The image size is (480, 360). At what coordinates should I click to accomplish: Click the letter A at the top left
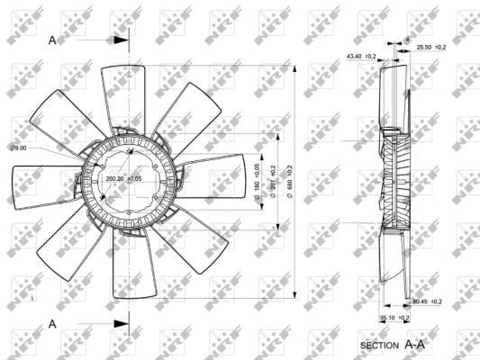point(52,40)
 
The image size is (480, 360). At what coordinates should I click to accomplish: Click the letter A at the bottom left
point(52,323)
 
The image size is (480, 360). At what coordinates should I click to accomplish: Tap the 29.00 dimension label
point(19,148)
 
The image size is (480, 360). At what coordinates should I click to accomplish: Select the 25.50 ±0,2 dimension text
point(431,47)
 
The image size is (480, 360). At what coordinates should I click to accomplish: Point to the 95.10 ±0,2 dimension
point(394,317)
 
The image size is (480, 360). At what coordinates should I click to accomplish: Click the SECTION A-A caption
point(392,344)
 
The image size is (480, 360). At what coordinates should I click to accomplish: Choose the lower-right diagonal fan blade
point(193,238)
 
